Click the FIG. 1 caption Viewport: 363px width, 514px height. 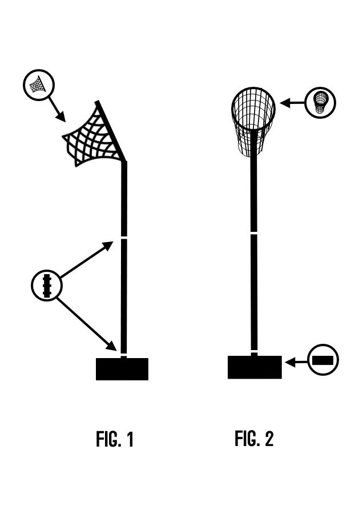point(115,439)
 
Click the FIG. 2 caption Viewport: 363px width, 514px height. point(254,439)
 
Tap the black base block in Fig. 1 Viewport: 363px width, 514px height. point(122,369)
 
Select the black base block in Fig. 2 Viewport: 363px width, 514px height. point(255,367)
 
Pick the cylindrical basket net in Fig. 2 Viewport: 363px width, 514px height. point(253,121)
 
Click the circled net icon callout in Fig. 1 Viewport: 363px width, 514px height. point(39,85)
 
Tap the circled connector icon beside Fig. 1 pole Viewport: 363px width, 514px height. point(47,285)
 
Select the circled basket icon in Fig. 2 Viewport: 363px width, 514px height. point(320,103)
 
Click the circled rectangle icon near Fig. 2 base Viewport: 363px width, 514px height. point(323,360)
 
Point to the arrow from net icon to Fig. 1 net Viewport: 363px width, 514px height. point(57,109)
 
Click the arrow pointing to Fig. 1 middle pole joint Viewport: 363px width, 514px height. point(87,259)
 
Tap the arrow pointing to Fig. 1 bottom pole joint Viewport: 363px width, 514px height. point(87,324)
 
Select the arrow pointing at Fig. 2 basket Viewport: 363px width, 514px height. point(293,103)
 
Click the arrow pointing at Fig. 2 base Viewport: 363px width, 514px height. point(296,362)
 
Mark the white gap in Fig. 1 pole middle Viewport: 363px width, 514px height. point(124,238)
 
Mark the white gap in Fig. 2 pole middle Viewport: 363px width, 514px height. point(254,233)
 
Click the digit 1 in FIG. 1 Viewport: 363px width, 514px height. point(130,439)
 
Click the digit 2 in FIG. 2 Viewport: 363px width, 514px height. point(269,439)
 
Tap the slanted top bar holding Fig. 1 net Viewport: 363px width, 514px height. point(110,131)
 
